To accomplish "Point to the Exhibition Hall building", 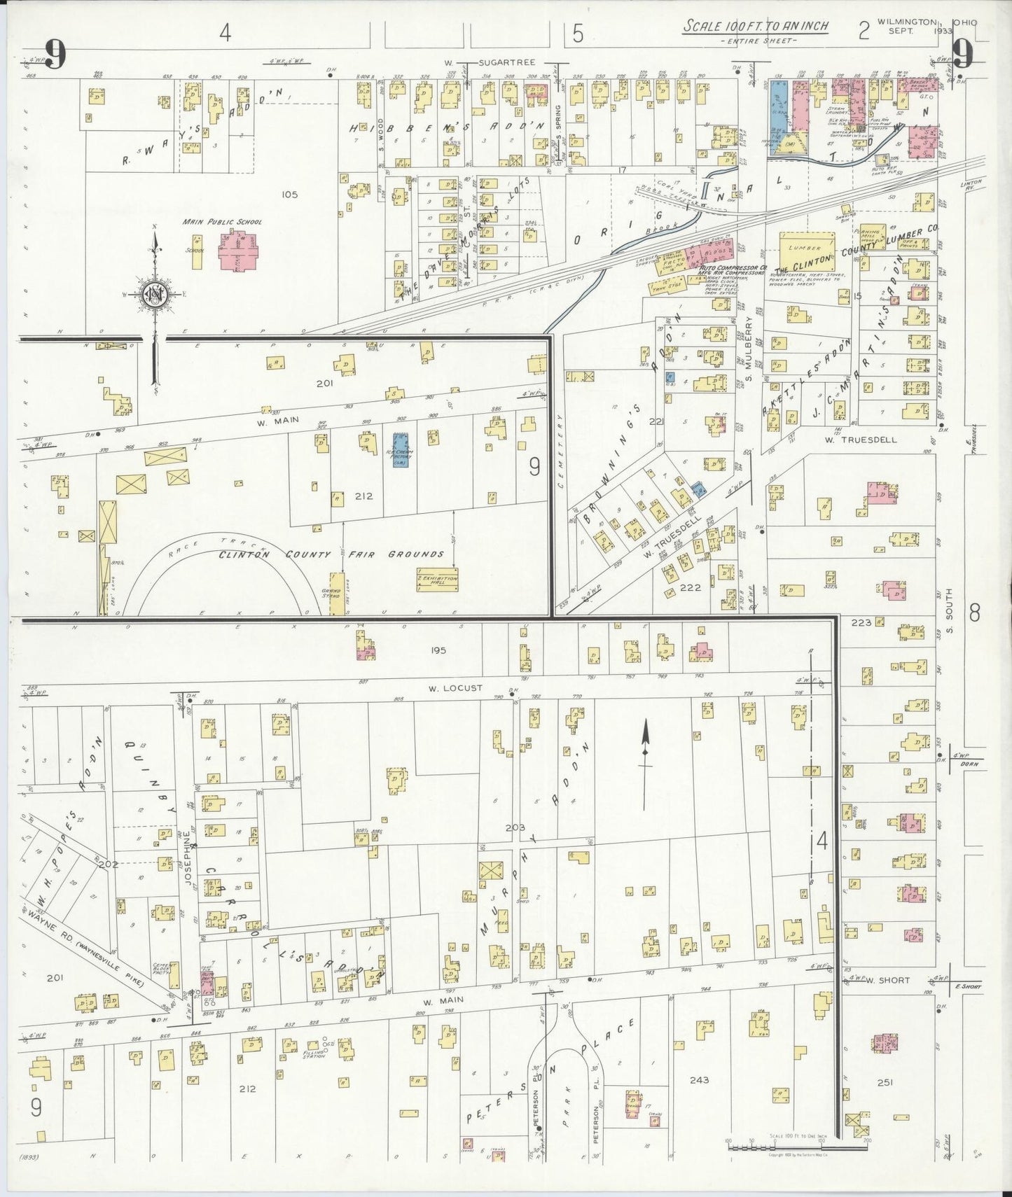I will coord(438,580).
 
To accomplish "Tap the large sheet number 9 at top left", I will coord(56,55).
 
